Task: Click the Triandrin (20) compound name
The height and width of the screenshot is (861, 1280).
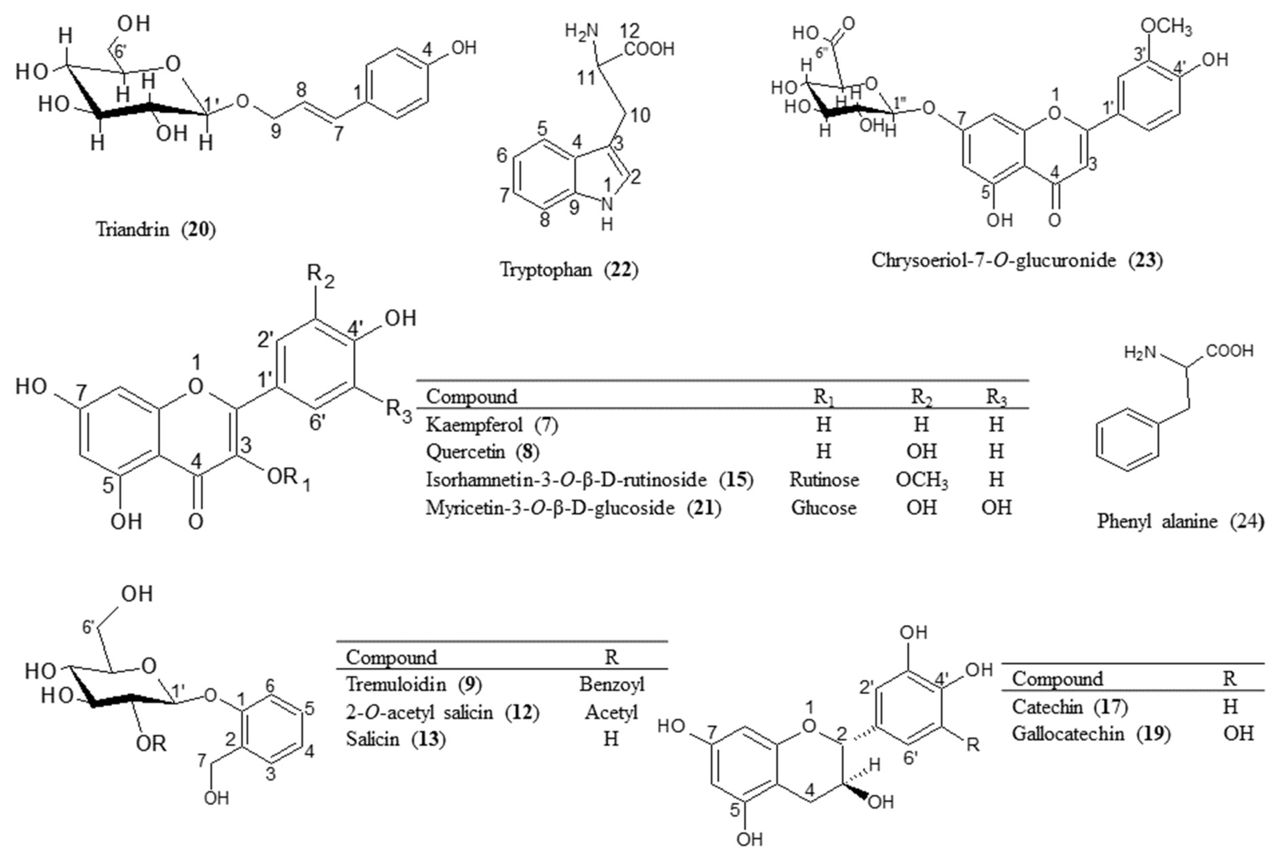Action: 156,229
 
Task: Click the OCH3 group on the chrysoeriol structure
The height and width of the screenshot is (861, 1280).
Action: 1166,26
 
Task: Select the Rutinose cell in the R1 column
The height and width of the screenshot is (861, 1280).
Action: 824,479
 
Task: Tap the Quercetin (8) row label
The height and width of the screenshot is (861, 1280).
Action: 483,451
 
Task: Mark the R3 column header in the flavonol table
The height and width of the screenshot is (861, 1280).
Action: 996,397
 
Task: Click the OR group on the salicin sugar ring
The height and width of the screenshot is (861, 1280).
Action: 151,744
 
